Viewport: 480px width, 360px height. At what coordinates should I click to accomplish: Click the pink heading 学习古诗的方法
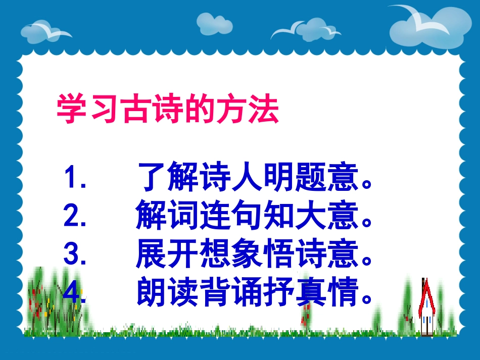click(x=167, y=110)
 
